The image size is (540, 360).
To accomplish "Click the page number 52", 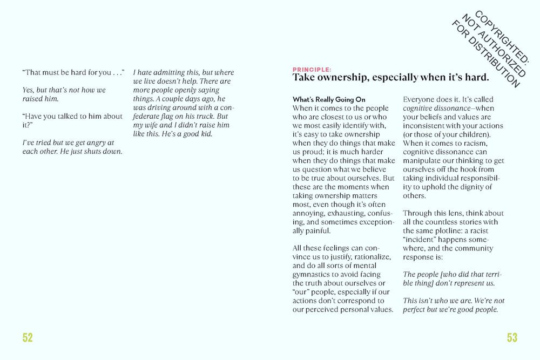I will [x=28, y=338].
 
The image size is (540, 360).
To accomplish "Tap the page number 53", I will [x=512, y=338].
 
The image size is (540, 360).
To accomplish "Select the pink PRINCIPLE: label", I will [x=312, y=70].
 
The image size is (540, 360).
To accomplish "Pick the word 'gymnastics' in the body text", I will [x=312, y=274].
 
